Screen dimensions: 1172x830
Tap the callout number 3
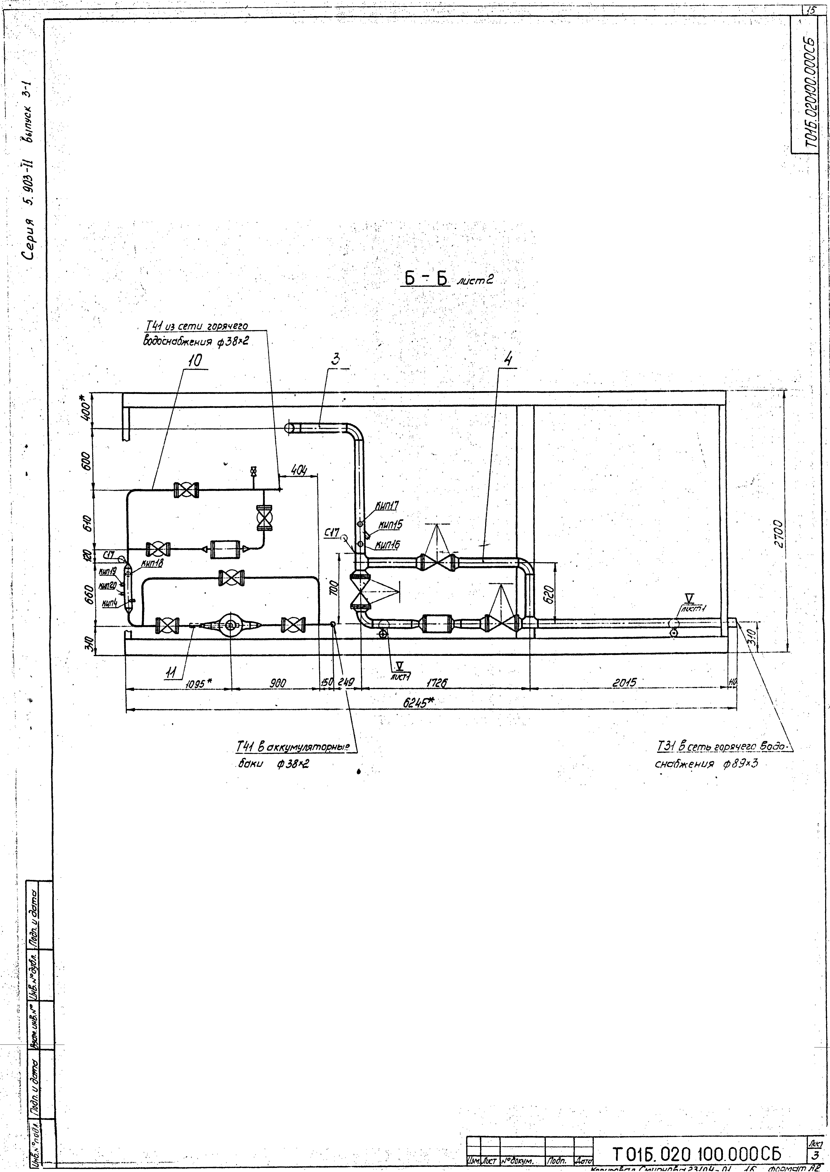click(x=335, y=359)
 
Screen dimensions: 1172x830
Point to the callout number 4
click(x=507, y=359)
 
